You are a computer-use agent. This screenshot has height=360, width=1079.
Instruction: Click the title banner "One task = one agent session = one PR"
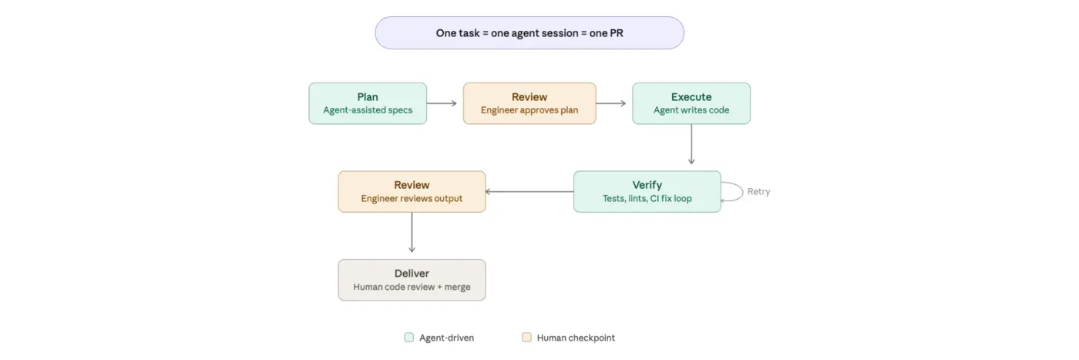pos(529,33)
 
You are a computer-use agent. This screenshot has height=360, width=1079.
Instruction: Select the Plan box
pos(368,103)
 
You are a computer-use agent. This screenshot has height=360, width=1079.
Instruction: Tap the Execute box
pos(691,103)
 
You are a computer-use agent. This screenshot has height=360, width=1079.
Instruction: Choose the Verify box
pos(647,191)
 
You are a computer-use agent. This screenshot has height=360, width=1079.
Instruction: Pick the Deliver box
pos(412,280)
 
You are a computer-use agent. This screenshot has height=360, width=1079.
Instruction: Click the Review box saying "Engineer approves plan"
pos(529,103)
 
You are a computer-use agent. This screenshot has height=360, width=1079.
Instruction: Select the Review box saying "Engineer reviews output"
pos(412,191)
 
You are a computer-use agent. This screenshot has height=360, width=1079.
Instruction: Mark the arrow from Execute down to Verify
pos(691,146)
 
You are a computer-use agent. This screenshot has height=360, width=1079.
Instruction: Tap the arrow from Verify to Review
pos(529,191)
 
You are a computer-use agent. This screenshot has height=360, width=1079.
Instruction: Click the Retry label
pos(758,192)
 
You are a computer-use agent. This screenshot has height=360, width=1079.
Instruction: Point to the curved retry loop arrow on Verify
pos(736,191)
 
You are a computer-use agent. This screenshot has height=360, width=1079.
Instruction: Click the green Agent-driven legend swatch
pos(409,338)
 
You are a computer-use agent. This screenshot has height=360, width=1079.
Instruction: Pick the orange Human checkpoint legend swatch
pos(527,338)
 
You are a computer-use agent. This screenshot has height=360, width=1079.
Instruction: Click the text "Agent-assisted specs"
pos(368,110)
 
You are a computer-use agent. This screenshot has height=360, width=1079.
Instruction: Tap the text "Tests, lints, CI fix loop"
pos(647,198)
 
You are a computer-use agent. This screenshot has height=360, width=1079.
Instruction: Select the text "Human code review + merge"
pos(412,287)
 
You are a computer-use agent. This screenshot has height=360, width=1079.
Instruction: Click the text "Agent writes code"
pos(691,110)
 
